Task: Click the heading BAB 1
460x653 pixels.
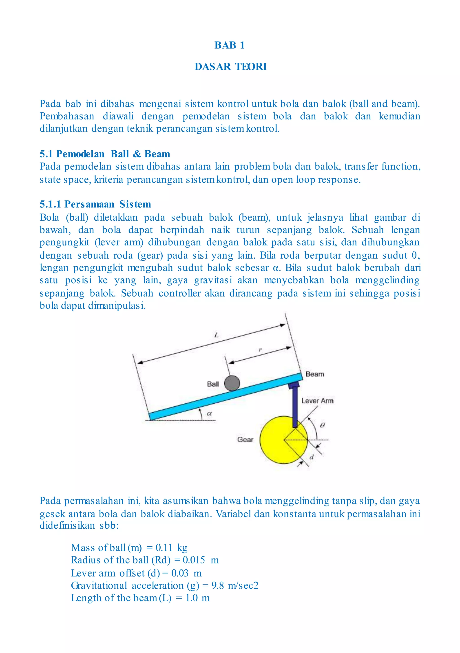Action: (229, 45)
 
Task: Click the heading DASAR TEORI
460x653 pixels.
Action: (230, 66)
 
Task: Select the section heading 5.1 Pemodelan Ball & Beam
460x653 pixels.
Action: (104, 154)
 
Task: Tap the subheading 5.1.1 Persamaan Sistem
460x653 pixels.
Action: (95, 204)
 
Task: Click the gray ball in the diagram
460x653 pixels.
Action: (232, 383)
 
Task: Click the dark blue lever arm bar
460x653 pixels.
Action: (295, 407)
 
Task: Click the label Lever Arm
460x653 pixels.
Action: (317, 401)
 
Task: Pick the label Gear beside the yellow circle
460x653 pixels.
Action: (245, 439)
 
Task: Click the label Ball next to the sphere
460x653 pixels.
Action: (213, 384)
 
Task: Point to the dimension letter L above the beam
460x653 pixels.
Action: (216, 335)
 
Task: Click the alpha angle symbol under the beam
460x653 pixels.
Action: (209, 413)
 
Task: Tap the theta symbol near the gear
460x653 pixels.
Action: (322, 425)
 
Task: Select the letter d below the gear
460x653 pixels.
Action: (311, 457)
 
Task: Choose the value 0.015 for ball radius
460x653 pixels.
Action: (194, 560)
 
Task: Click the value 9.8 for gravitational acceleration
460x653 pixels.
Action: (217, 585)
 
